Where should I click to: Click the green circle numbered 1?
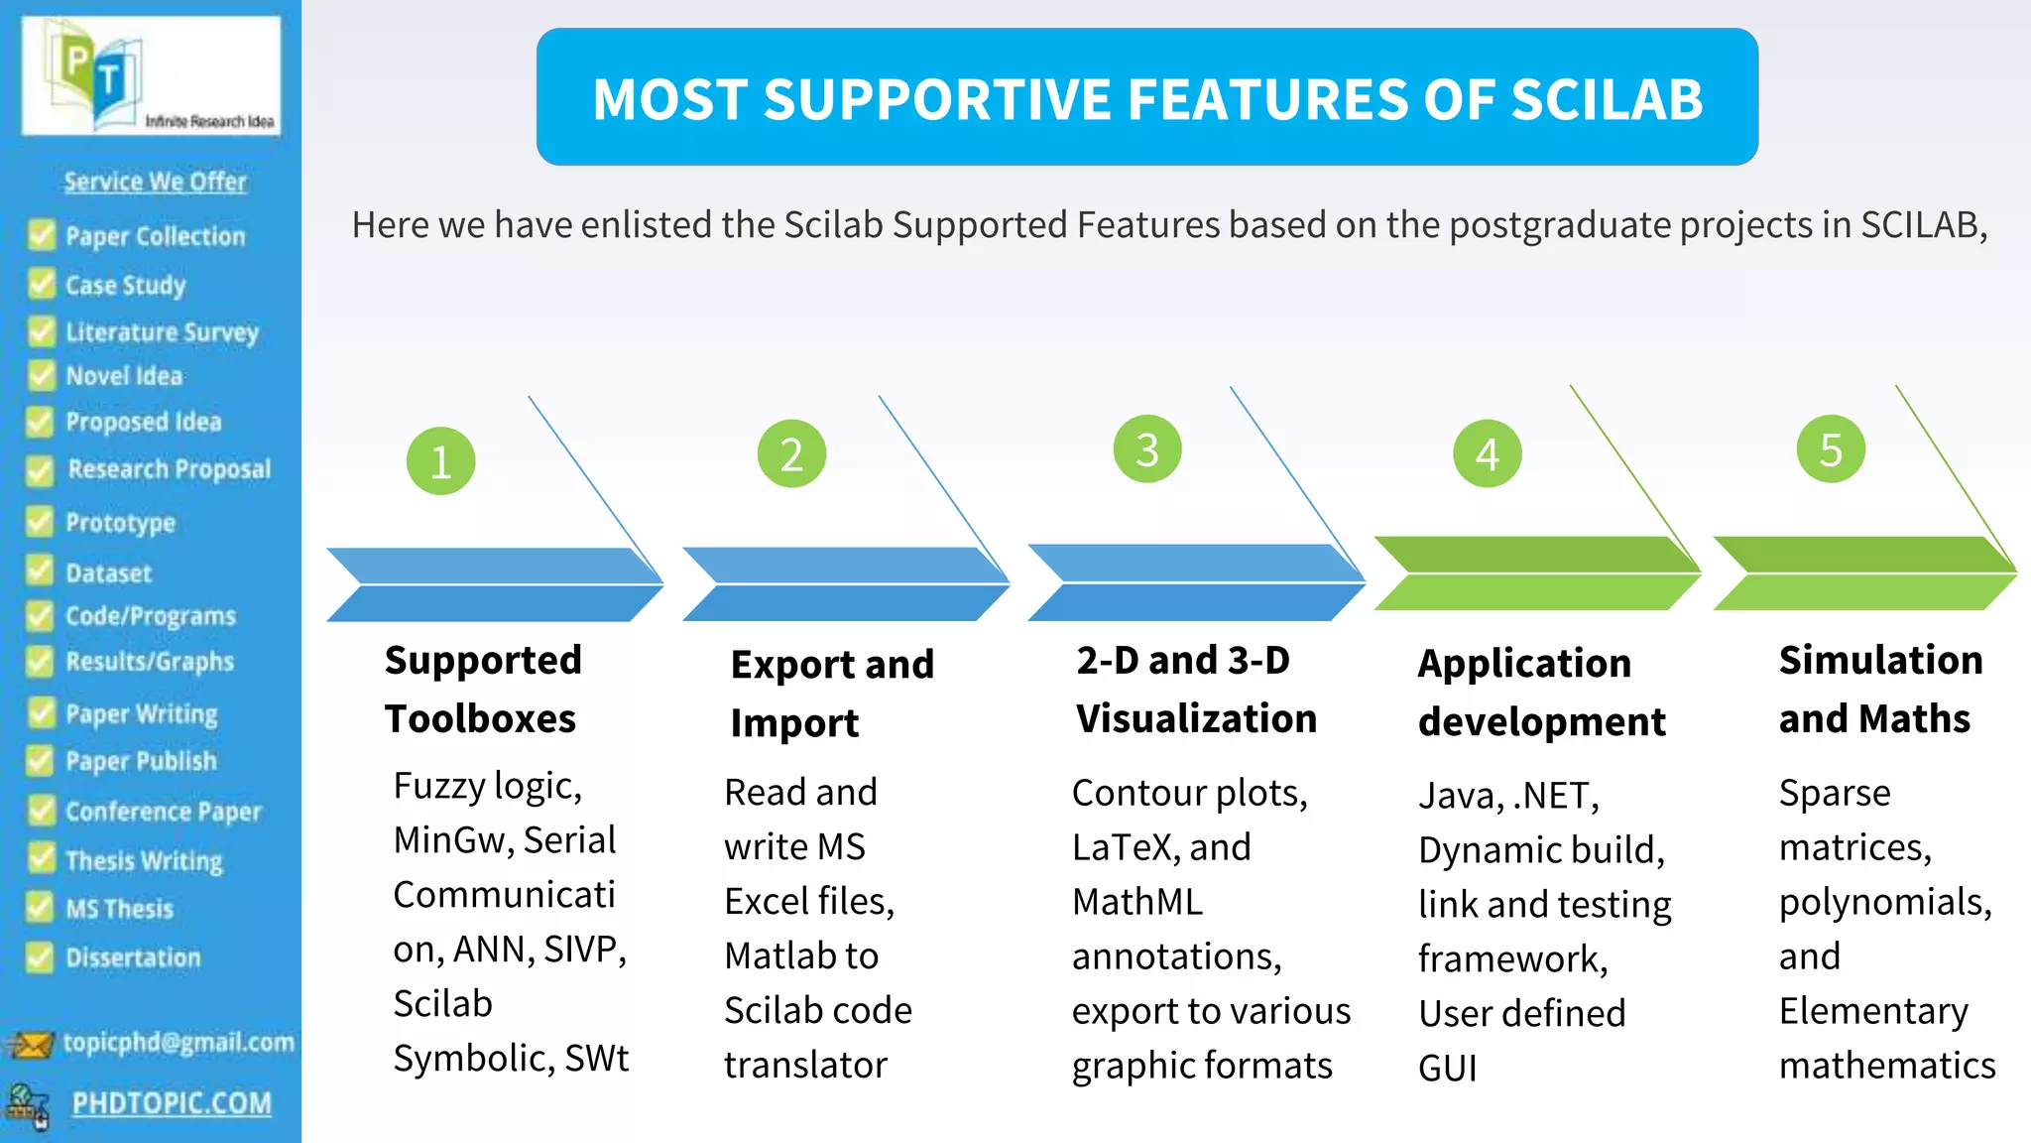(440, 461)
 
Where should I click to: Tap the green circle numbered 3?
(1147, 449)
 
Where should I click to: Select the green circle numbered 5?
(1831, 449)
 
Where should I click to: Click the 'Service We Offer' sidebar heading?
(155, 182)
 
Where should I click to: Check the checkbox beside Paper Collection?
(42, 235)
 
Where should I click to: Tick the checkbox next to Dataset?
(40, 571)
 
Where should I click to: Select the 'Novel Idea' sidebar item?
(124, 376)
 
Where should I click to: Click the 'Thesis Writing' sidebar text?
(144, 860)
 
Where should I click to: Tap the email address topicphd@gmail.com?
(179, 1042)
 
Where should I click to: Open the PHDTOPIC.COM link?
(172, 1103)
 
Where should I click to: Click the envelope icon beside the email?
(30, 1044)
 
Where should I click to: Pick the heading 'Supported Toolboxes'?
(483, 689)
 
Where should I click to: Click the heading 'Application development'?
(1541, 692)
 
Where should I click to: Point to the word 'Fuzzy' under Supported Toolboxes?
(438, 786)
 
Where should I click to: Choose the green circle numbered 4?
(1487, 454)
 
